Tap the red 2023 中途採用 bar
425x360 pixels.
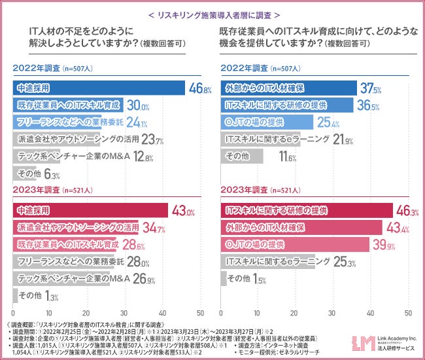point(92,211)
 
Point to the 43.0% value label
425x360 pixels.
point(182,211)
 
